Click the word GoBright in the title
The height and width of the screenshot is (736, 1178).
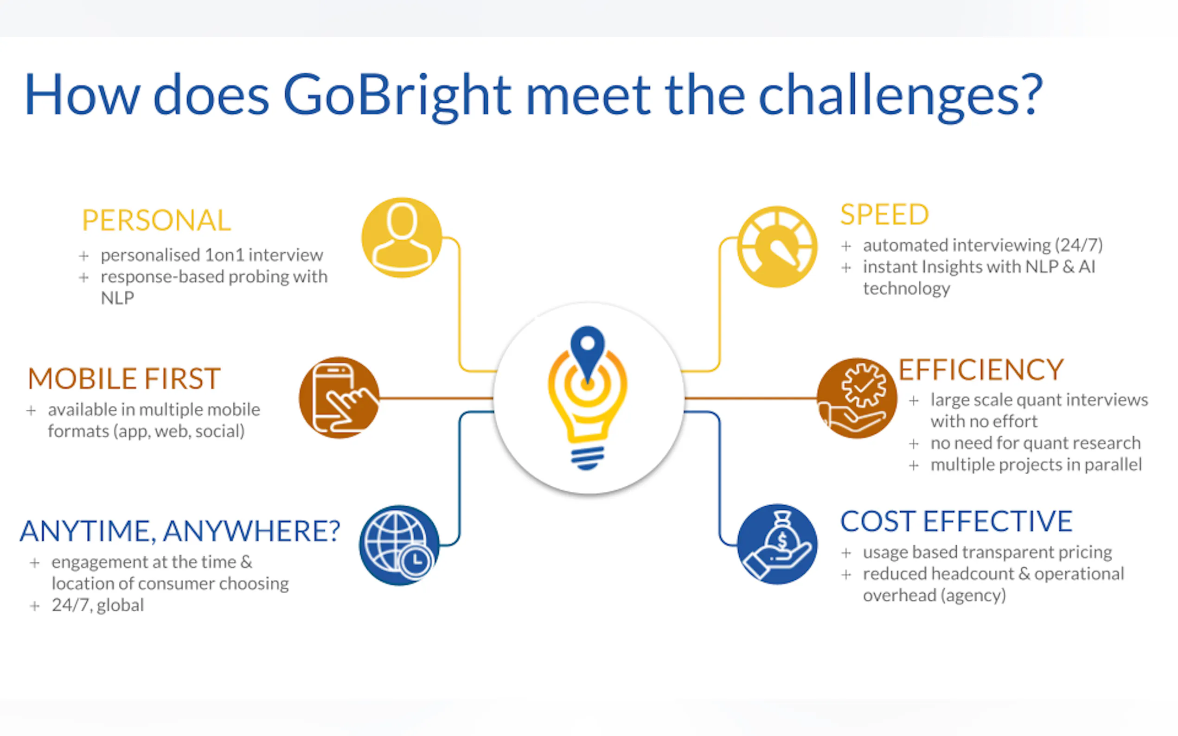397,96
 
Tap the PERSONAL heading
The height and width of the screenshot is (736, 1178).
156,220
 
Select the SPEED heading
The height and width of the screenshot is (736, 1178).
884,214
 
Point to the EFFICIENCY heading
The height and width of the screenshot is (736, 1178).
981,370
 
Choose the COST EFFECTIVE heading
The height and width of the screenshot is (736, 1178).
956,521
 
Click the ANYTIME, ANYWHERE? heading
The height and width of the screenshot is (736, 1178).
179,531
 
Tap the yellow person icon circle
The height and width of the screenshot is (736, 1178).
402,238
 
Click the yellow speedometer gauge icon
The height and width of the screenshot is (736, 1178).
777,247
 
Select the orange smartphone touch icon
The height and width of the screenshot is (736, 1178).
339,398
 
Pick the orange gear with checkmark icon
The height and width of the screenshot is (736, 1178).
857,398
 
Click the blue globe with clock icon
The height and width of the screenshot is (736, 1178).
399,545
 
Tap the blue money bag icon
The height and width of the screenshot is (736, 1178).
777,544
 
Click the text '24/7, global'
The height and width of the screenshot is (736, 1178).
98,605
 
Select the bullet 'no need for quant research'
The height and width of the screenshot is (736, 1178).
1036,443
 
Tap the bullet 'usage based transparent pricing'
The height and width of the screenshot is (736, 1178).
987,552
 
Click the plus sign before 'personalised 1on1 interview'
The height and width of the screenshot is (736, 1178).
84,255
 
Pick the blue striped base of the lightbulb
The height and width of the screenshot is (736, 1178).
587,457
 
